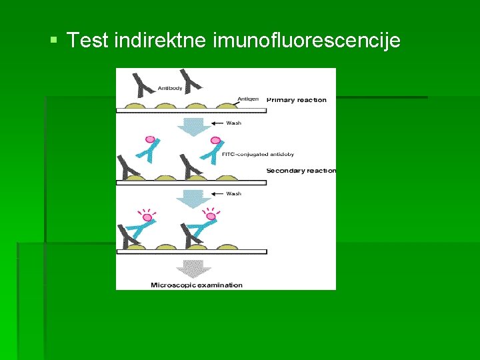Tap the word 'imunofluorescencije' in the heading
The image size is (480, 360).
click(307, 41)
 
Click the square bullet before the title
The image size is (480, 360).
click(55, 41)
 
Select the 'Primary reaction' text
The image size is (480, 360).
click(297, 100)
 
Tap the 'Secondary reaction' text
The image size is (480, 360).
click(301, 171)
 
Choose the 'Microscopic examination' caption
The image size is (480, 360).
click(197, 285)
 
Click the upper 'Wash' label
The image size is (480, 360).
click(234, 123)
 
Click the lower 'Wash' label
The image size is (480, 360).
click(234, 194)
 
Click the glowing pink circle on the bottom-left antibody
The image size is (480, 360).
click(147, 216)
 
